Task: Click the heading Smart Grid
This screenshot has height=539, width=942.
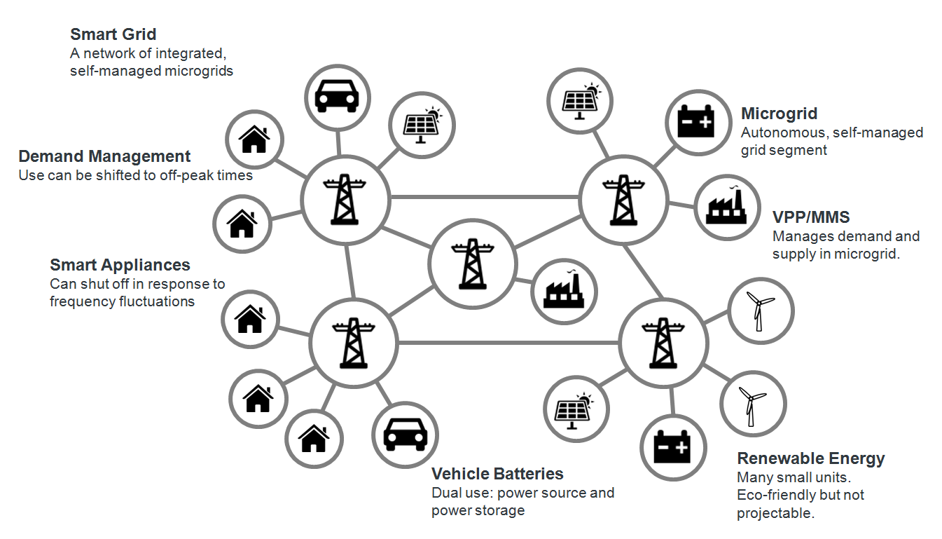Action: click(113, 34)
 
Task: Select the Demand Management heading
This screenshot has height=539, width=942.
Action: click(104, 156)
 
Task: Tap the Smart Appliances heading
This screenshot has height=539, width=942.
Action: click(120, 265)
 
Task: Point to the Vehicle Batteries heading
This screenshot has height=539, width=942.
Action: click(497, 474)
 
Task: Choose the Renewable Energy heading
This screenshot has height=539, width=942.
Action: click(810, 458)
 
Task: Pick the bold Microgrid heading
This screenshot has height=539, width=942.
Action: click(779, 114)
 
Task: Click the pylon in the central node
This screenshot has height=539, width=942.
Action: click(472, 264)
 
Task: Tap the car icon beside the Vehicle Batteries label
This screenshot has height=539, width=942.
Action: click(405, 435)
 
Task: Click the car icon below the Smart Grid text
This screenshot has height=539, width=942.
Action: click(338, 97)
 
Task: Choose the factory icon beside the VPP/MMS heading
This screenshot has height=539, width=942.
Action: click(726, 207)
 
